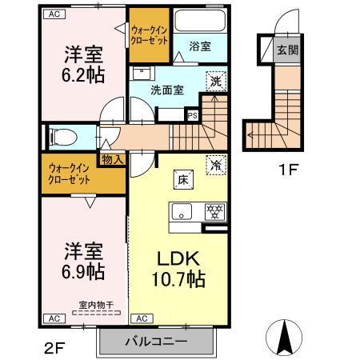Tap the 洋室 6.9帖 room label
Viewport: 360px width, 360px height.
(83, 260)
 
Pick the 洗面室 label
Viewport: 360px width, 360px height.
(167, 90)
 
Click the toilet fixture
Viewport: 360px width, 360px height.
(61, 136)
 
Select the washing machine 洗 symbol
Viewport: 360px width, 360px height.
(215, 80)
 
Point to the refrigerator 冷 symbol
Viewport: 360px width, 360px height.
(215, 163)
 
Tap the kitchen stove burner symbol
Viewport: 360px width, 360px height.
(213, 212)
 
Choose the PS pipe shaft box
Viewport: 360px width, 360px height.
(191, 114)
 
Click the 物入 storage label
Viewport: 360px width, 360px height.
(112, 159)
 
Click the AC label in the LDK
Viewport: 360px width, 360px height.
(141, 318)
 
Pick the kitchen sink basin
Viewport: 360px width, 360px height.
(181, 212)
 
